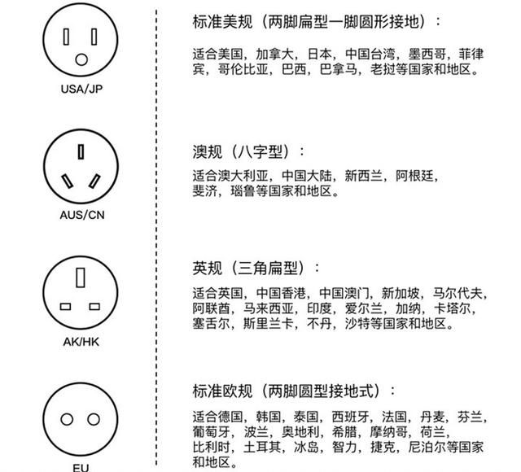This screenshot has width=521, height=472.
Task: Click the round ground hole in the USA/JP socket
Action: [x=81, y=59]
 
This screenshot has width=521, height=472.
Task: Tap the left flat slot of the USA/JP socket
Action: [x=66, y=37]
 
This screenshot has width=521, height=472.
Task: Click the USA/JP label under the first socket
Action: [x=81, y=89]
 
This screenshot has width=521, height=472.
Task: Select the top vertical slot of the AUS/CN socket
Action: [x=81, y=151]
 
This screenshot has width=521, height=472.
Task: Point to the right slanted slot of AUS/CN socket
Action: [x=94, y=181]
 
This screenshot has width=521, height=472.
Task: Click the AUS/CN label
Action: [x=82, y=215]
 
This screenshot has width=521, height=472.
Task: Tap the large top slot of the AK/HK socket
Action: [x=81, y=278]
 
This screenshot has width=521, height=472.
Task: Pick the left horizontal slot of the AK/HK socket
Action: [x=65, y=306]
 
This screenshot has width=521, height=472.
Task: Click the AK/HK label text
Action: [x=81, y=342]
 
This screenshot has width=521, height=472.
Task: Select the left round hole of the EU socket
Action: [x=67, y=419]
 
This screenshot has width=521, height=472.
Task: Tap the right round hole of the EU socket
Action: [x=94, y=419]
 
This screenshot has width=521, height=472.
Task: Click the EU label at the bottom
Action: [x=81, y=468]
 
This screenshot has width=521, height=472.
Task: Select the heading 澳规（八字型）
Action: [x=248, y=152]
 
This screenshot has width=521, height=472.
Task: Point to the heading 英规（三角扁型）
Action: [x=256, y=268]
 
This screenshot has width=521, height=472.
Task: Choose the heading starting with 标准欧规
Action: [x=295, y=391]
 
